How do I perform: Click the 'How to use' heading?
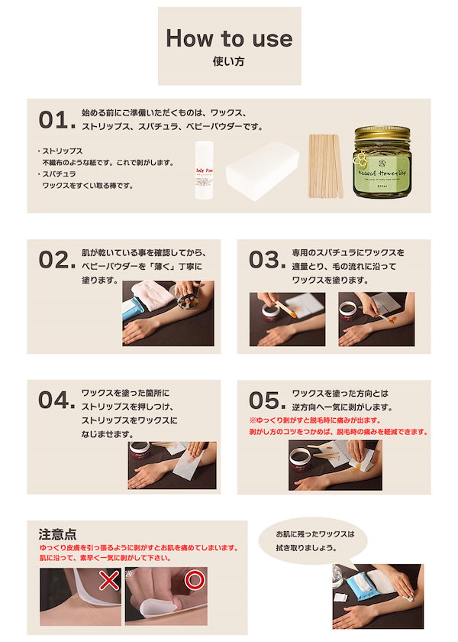pos(229,38)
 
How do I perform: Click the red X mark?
pos(109,580)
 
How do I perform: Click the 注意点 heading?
pos(58,534)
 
